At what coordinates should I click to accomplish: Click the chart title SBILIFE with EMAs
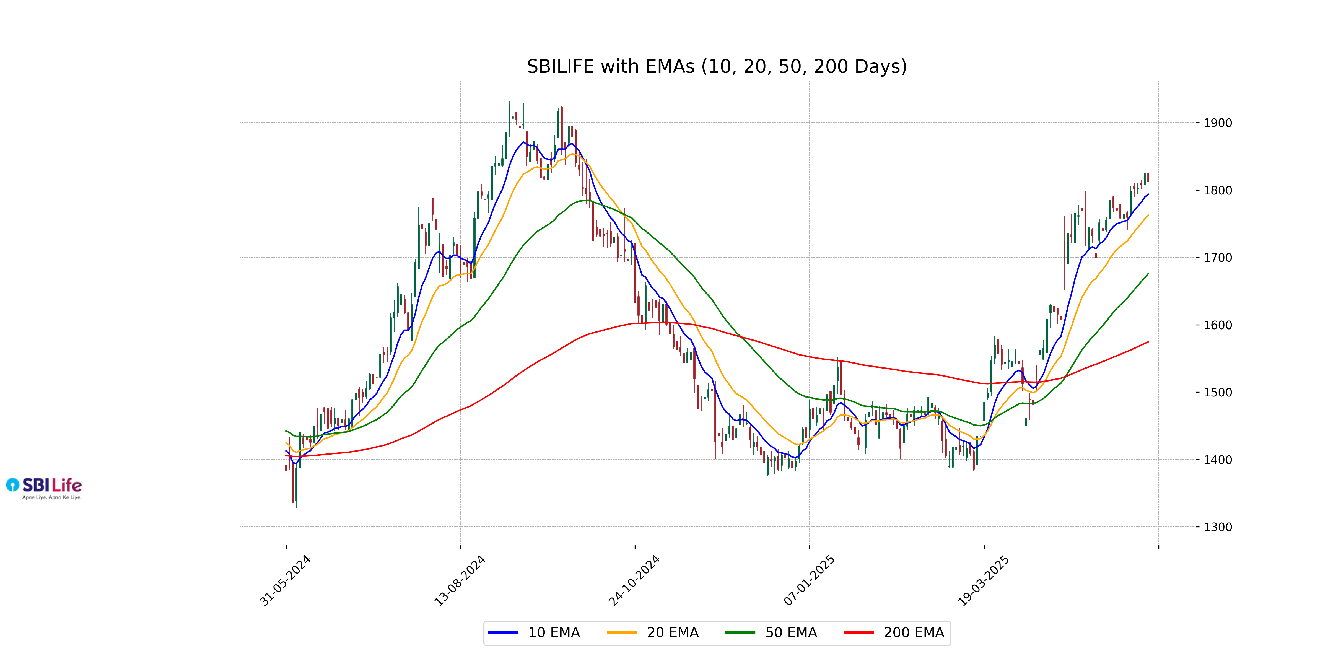coord(717,66)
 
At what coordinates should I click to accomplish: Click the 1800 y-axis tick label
coord(1218,191)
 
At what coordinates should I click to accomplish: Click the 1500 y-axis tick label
coord(1218,392)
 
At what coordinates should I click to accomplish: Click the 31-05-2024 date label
coord(285,580)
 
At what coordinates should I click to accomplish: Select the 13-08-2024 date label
coord(460,580)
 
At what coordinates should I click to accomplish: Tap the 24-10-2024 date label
coord(634,580)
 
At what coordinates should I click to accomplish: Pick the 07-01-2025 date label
coord(809,580)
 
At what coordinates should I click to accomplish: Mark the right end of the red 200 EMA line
coord(1148,342)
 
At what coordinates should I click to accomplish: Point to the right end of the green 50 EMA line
coord(1148,274)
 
